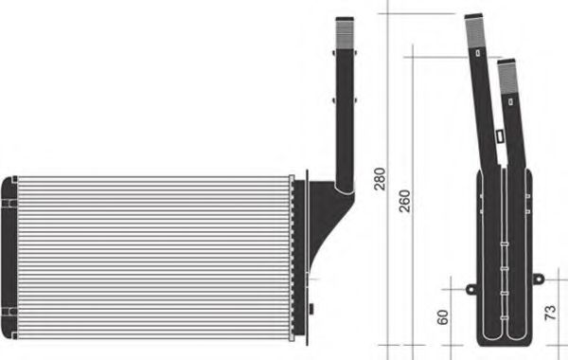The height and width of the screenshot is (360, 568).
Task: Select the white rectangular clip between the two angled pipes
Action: pos(498,137)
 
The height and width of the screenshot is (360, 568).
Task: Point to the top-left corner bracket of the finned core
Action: pos(9,181)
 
